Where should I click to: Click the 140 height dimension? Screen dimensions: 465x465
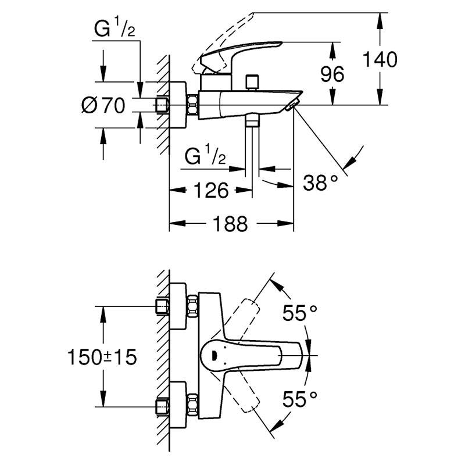(380, 59)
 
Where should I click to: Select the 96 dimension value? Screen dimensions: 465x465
(332, 74)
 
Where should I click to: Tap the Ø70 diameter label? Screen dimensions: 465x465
(103, 105)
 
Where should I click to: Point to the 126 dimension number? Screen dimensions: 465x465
(211, 190)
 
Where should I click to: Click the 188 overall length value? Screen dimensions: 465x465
(230, 224)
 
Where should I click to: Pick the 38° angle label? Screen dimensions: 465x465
(320, 183)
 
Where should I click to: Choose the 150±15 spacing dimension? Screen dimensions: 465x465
(102, 357)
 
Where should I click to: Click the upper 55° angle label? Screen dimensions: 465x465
(300, 313)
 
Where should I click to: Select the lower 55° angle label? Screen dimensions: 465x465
(300, 399)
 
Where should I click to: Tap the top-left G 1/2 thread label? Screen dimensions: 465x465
(115, 27)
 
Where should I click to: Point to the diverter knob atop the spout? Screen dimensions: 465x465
(252, 82)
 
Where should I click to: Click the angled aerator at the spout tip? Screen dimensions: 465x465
(292, 105)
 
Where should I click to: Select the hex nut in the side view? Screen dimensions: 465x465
(193, 105)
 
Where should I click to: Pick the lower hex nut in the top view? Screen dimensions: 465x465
(193, 405)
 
